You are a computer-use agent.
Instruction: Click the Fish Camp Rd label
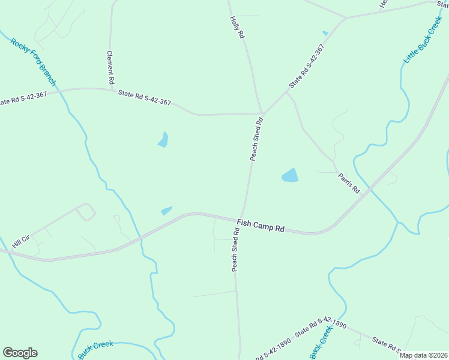pos(260,226)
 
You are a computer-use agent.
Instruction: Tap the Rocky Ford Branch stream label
pos(33,62)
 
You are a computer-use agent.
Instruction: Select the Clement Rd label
pos(110,67)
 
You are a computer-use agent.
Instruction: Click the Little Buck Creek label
pos(423,41)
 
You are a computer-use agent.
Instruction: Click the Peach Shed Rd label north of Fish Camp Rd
pos(257,139)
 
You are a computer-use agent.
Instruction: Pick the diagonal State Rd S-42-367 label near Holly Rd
pos(306,67)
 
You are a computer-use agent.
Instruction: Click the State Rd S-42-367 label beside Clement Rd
pos(145,98)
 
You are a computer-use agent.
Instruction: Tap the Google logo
pos(20,353)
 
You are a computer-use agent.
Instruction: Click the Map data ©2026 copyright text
pos(423,355)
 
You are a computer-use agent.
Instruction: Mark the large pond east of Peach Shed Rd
pos(290,175)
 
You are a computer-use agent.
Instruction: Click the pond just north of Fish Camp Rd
pos(166,211)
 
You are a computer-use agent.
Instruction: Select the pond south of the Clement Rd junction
pos(163,140)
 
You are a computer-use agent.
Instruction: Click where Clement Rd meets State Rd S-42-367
pos(112,91)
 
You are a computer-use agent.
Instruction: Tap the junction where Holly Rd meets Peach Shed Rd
pos(262,113)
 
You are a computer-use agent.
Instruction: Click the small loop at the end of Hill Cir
pos(86,212)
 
